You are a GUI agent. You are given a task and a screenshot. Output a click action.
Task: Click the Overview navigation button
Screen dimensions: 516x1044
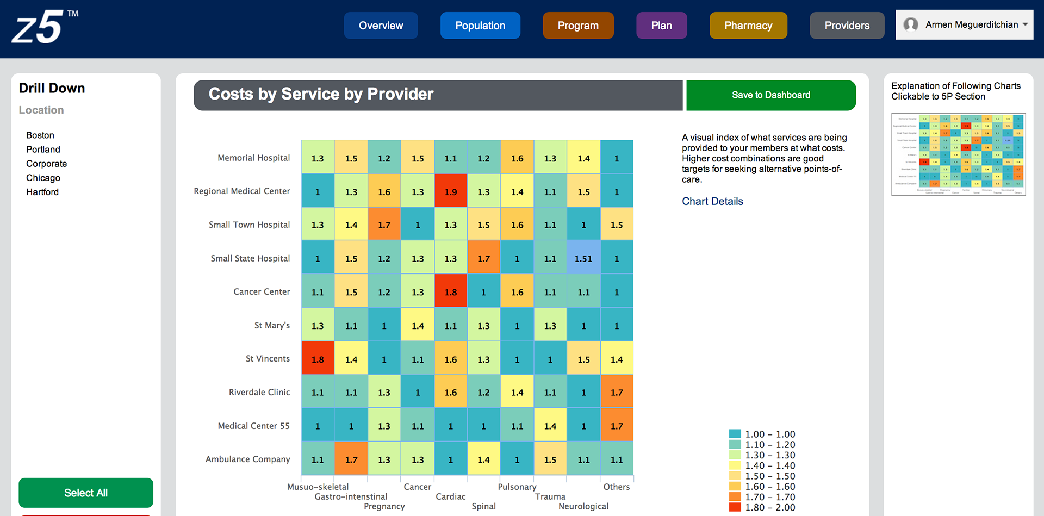381,26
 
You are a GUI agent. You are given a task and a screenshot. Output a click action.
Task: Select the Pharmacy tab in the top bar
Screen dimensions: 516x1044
748,26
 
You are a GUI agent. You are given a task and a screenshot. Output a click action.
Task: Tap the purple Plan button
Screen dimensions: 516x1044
661,26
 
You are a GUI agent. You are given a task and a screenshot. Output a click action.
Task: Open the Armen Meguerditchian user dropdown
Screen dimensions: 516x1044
964,24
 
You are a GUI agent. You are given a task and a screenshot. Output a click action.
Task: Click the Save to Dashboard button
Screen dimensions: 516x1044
770,95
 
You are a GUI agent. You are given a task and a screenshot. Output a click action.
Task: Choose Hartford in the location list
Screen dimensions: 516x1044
42,192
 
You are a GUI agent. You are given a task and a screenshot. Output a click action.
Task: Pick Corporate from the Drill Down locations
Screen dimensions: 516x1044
46,164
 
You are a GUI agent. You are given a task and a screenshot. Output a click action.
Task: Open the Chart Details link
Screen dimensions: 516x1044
712,201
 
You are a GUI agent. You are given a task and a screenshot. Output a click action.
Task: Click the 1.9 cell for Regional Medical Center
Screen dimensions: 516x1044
451,192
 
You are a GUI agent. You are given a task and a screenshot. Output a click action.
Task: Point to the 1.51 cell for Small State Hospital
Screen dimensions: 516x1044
583,259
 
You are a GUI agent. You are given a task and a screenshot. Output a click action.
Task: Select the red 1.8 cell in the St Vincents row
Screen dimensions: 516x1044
318,359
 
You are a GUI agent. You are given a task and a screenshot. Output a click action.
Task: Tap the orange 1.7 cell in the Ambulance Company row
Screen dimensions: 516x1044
351,460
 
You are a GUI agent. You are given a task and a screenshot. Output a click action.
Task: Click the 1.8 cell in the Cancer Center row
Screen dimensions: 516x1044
451,292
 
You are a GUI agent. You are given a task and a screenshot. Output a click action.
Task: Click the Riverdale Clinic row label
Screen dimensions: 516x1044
259,393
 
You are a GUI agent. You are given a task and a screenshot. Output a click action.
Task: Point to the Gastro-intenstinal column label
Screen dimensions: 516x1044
351,497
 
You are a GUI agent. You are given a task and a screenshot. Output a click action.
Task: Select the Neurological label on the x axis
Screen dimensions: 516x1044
583,507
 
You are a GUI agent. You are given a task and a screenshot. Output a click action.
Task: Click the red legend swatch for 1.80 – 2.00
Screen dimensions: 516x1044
735,507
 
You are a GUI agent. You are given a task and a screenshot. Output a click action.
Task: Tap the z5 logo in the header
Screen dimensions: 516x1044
38,27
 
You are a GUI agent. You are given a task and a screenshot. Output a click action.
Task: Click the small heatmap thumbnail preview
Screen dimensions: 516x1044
958,154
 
